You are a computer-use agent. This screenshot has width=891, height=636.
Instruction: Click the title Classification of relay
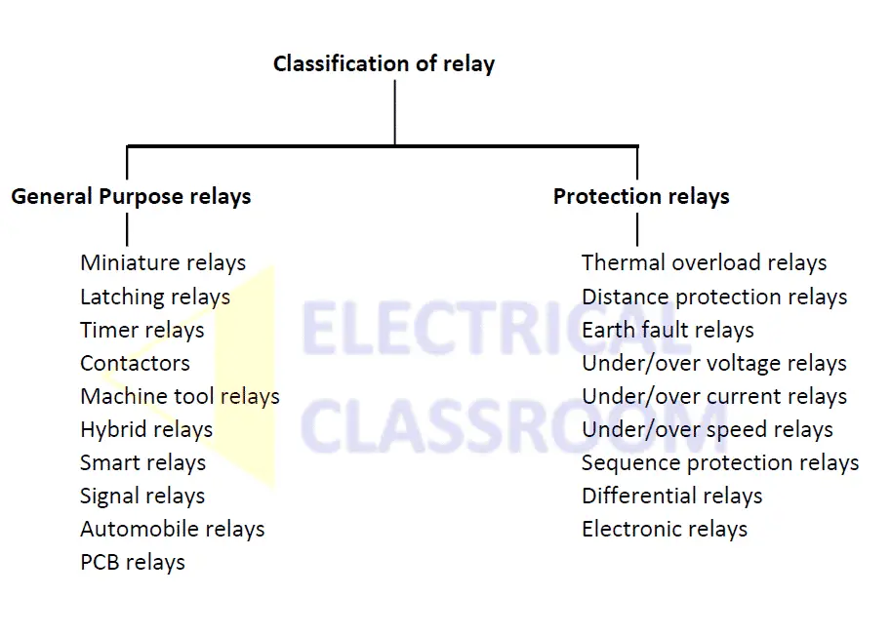[x=384, y=64]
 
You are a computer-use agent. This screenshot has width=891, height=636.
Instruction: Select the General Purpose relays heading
[x=131, y=196]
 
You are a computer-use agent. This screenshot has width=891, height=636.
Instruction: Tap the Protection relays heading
[x=641, y=196]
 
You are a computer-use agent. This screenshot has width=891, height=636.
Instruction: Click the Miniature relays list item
[x=163, y=263]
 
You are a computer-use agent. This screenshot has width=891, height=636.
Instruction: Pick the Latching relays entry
[x=155, y=297]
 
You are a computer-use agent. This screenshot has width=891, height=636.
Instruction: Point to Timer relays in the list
[x=142, y=330]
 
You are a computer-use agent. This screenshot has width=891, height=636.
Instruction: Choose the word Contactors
[x=135, y=363]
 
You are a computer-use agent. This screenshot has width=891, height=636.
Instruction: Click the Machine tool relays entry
[x=180, y=396]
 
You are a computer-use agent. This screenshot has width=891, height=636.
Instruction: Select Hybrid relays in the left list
[x=146, y=429]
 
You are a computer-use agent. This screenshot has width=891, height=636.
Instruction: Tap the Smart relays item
[x=143, y=462]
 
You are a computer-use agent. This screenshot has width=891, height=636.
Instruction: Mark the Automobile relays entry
[x=173, y=529]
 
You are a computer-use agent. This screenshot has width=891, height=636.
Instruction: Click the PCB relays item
[x=133, y=562]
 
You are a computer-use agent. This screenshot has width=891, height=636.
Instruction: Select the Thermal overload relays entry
[x=704, y=263]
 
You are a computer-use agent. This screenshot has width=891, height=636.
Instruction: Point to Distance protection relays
[x=714, y=297]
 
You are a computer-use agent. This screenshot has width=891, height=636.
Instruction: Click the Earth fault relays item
[x=668, y=330]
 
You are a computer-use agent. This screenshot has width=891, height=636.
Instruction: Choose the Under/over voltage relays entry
[x=714, y=363]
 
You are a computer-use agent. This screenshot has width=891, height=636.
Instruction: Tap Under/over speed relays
[x=708, y=429]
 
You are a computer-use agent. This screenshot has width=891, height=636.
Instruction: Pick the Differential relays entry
[x=671, y=496]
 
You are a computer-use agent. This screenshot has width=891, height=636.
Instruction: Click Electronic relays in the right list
[x=665, y=529]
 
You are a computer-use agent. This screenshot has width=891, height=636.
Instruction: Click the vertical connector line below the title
[x=395, y=112]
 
